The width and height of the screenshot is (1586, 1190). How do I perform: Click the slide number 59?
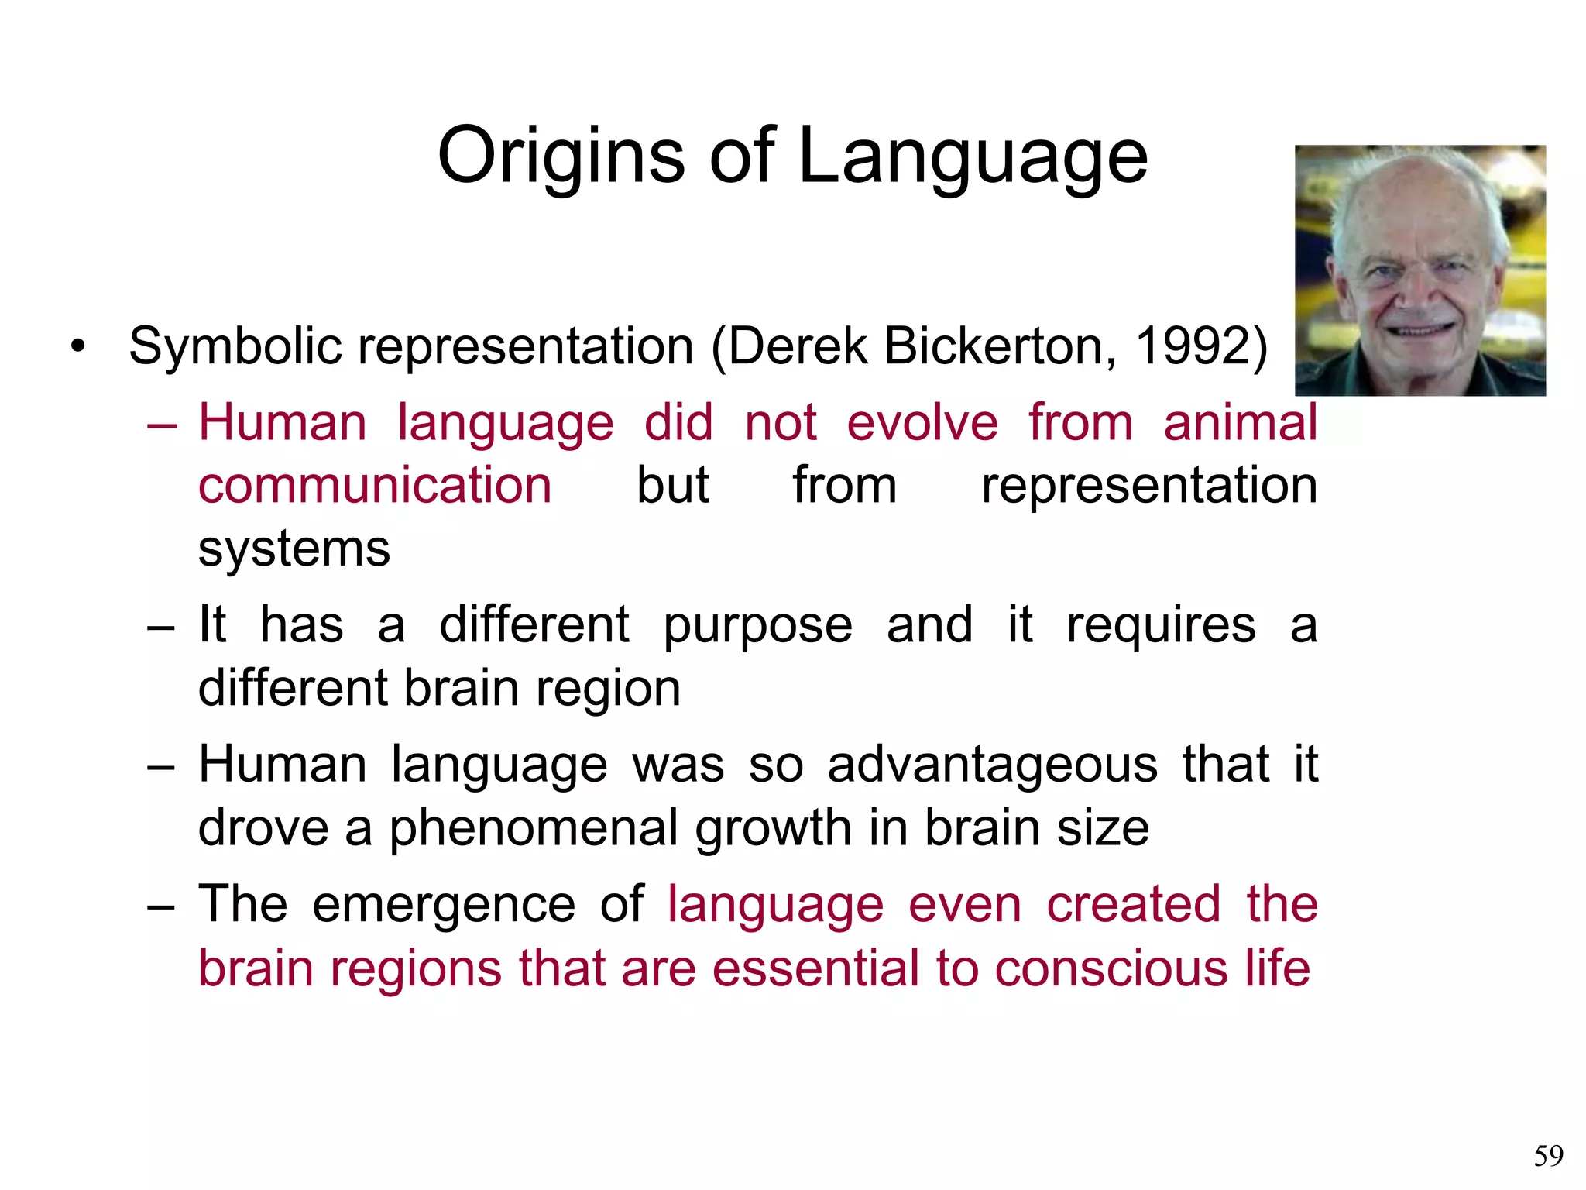(x=1548, y=1156)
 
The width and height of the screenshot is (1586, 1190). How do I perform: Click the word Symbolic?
(x=235, y=347)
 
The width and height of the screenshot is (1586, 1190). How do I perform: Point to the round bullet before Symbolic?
(x=77, y=346)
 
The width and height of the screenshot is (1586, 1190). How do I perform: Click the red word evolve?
(x=922, y=423)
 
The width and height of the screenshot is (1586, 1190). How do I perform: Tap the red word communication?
(x=375, y=487)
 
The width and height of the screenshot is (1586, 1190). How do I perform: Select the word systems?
(x=294, y=549)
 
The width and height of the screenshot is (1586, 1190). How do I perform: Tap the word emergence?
(x=443, y=904)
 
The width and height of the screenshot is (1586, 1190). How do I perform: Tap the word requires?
(x=1160, y=626)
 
